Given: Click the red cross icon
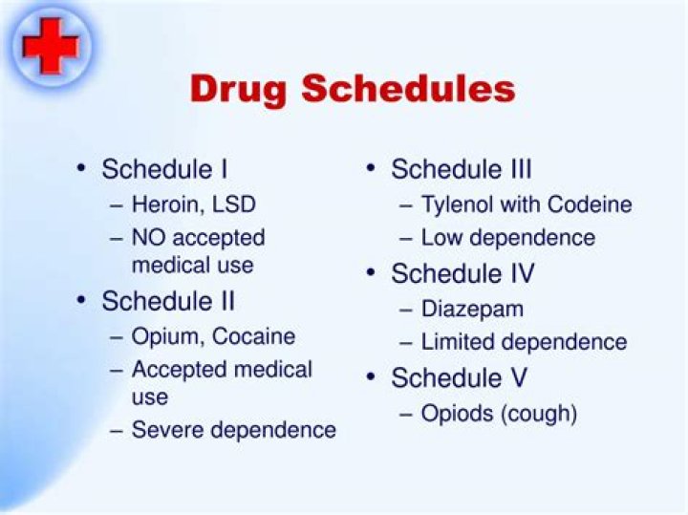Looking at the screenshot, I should coord(51,45).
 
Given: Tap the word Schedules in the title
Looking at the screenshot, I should coord(410,89).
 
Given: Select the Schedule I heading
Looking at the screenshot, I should coord(164,170).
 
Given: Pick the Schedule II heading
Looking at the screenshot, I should coord(168,302).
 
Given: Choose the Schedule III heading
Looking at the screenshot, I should coord(462,170).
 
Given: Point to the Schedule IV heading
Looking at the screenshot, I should coord(462,274).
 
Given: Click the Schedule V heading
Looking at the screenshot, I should coord(458,377).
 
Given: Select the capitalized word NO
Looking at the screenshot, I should coord(149,238).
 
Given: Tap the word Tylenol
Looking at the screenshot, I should coord(455,204).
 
